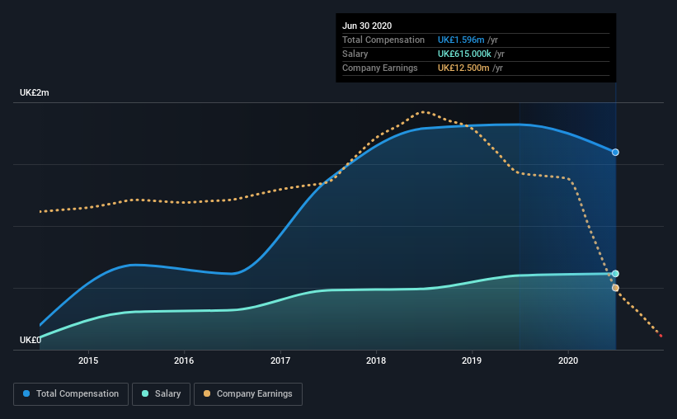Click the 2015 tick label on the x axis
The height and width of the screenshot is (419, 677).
88,360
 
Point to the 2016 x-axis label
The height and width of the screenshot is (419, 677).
184,360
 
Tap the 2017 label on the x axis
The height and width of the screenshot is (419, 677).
280,360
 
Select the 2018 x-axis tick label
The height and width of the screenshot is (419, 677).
376,360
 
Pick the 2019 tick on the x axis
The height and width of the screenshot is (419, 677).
472,360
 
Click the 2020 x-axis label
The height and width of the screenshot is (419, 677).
568,360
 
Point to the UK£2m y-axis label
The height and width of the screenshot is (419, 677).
35,93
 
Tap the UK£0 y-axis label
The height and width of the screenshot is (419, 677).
31,340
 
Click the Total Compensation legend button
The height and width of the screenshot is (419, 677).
71,394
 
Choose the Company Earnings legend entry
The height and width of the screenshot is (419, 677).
248,394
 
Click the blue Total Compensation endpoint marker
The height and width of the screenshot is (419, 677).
615,153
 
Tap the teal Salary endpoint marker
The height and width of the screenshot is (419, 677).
615,274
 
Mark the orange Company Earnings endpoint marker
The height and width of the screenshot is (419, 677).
615,288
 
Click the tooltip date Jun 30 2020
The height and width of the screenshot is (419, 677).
367,26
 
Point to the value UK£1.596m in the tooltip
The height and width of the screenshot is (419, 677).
461,40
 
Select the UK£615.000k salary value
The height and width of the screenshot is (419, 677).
465,54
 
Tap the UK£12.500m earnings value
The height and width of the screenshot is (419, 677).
464,68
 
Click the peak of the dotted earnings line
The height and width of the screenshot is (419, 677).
423,111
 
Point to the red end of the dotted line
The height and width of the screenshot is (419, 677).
661,336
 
